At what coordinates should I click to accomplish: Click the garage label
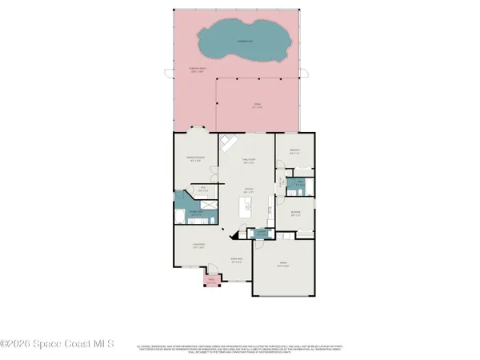[x=282, y=265]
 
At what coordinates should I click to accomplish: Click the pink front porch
[x=212, y=279]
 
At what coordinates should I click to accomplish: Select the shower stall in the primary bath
[x=208, y=202]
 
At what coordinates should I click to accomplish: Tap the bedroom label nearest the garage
[x=296, y=214]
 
